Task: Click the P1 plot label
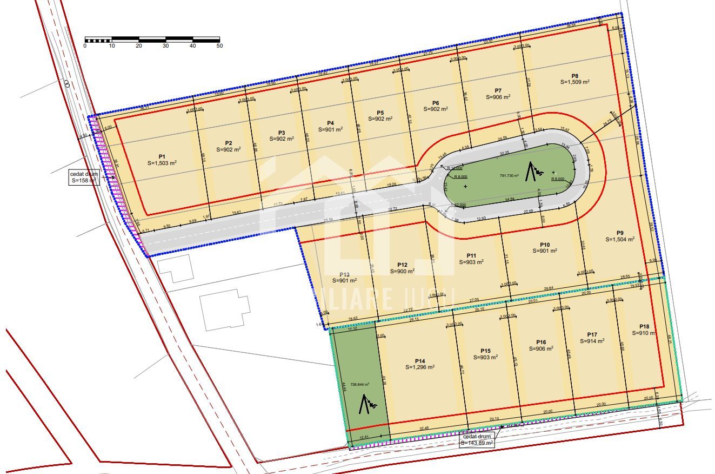pyautogui.click(x=162, y=156)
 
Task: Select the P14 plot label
pyautogui.click(x=420, y=361)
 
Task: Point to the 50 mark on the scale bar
pyautogui.click(x=219, y=46)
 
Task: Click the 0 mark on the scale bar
pyautogui.click(x=85, y=46)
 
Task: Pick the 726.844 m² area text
pyautogui.click(x=359, y=384)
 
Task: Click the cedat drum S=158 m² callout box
pyautogui.click(x=83, y=177)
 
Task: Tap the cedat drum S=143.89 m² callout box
pyautogui.click(x=477, y=440)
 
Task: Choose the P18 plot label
pyautogui.click(x=644, y=326)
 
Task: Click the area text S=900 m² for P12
pyautogui.click(x=402, y=271)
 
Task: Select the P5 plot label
pyautogui.click(x=380, y=113)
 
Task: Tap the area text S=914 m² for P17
pyautogui.click(x=592, y=341)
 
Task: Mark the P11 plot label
pyautogui.click(x=471, y=255)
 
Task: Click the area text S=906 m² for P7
pyautogui.click(x=498, y=97)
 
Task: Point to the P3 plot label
pyautogui.click(x=281, y=133)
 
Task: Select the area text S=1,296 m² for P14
pyautogui.click(x=420, y=367)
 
